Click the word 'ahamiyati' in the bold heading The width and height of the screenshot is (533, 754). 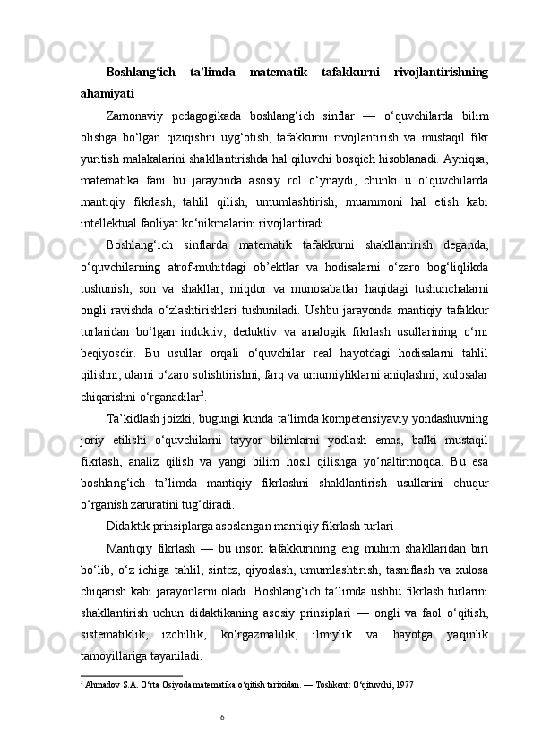106,91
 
